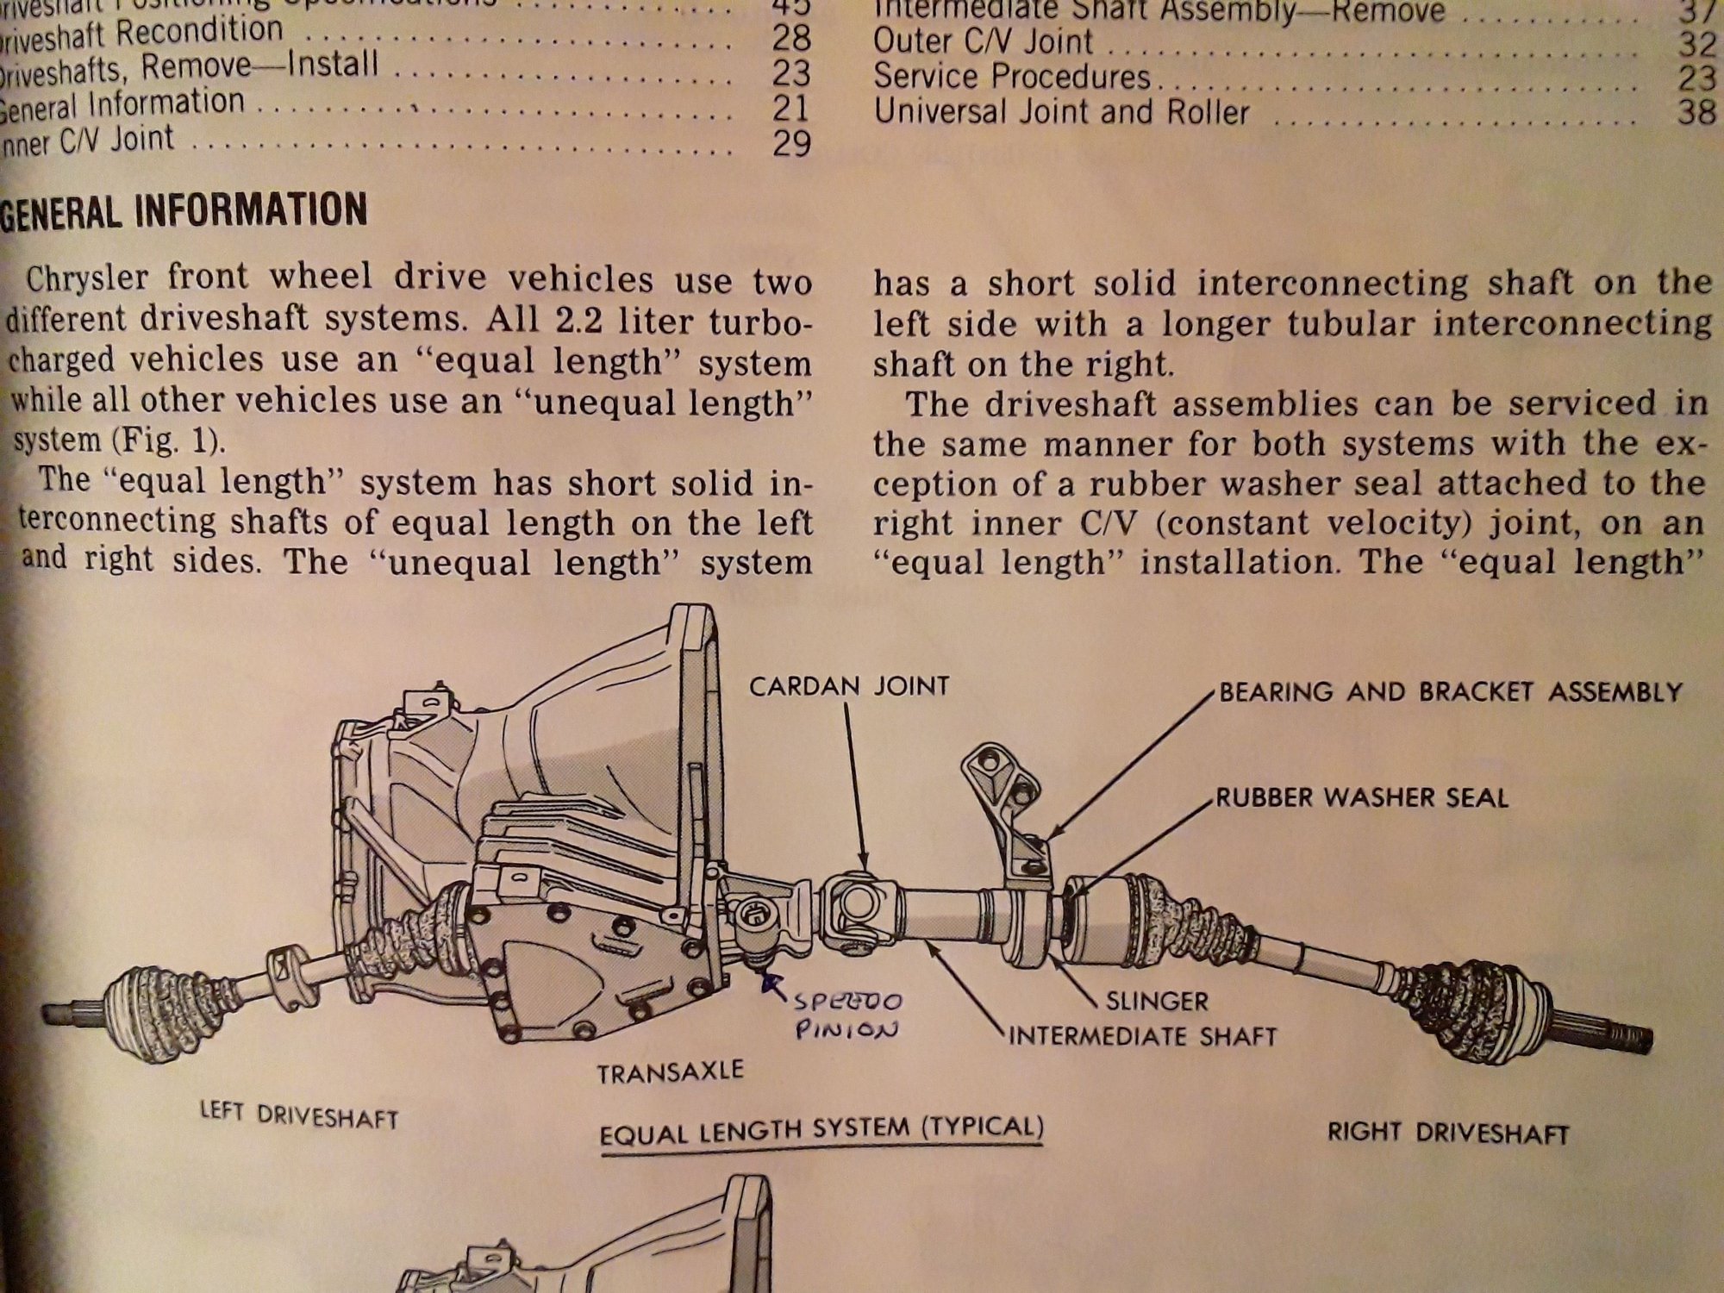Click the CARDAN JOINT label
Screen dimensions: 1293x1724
pos(848,686)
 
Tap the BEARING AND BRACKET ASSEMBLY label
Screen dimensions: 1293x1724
pos(1450,692)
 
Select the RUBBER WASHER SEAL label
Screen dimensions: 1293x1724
pos(1362,797)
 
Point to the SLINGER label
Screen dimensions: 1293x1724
pos(1157,1001)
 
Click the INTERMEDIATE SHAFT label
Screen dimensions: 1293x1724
pos(1142,1034)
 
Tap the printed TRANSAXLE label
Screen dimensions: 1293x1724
pos(670,1072)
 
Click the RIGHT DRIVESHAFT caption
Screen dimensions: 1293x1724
pos(1447,1132)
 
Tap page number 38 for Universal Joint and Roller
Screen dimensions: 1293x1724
pos(1696,112)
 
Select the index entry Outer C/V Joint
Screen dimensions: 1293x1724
pos(983,41)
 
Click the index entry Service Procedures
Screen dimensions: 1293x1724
pos(1011,77)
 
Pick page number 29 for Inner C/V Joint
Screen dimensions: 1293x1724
pos(790,143)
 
